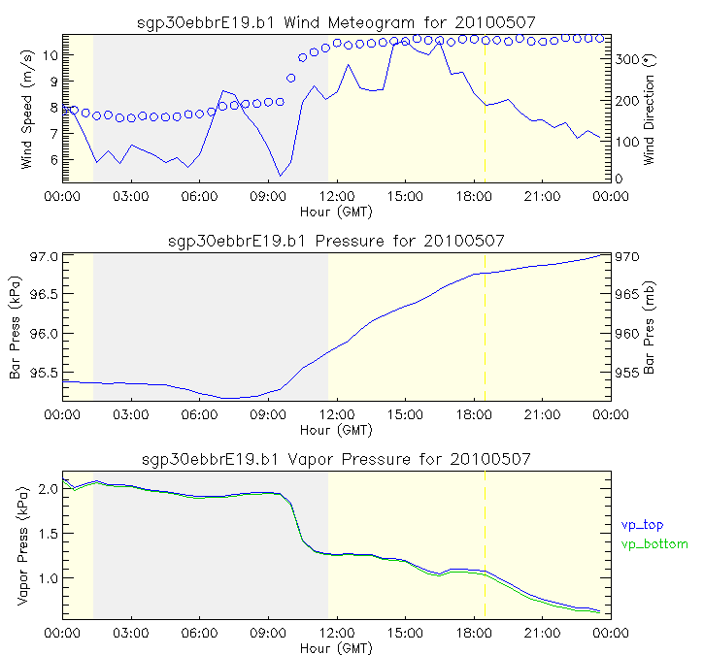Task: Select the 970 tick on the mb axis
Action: point(626,257)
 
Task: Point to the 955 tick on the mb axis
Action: point(626,373)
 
